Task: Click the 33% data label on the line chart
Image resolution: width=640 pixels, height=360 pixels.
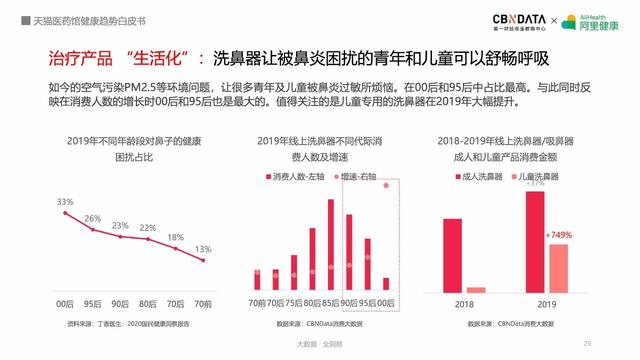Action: point(65,202)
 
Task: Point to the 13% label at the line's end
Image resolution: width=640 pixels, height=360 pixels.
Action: point(203,249)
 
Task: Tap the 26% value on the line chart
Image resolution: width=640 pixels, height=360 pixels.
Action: point(93,218)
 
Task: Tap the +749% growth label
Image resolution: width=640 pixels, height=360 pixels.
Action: point(559,235)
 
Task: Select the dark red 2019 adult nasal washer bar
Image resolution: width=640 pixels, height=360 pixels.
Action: point(535,240)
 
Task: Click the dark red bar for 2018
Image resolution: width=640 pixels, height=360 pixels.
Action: point(453,254)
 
